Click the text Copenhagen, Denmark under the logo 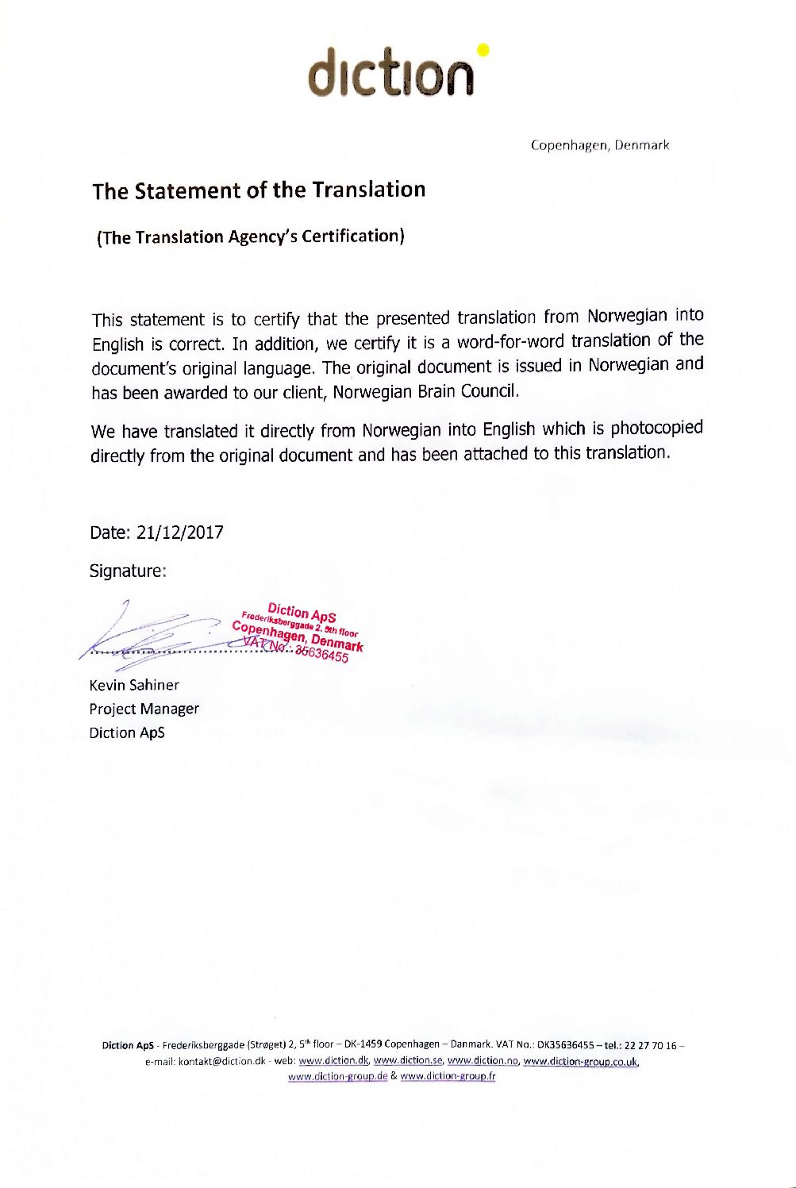600,145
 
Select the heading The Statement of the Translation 259,190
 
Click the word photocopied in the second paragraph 656,428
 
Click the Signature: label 128,571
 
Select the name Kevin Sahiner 134,685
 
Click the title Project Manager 144,709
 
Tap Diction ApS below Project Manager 127,732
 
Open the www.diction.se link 407,1061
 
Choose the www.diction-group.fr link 448,1077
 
